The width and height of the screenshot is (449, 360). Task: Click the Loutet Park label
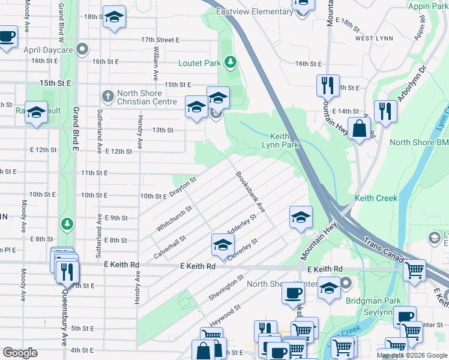click(199, 62)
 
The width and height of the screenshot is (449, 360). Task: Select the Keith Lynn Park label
click(280, 140)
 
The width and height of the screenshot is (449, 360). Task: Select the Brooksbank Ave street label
click(251, 193)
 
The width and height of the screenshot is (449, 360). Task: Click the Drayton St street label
click(183, 187)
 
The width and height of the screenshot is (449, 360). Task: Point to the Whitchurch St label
click(174, 218)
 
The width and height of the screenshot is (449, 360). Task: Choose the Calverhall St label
click(169, 246)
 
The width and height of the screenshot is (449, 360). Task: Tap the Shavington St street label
click(226, 288)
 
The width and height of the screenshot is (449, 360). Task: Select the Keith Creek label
click(376, 198)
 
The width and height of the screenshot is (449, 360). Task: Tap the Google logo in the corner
click(19, 353)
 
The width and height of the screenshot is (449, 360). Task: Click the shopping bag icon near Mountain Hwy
click(359, 129)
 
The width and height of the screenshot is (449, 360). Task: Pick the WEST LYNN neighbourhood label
click(373, 38)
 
